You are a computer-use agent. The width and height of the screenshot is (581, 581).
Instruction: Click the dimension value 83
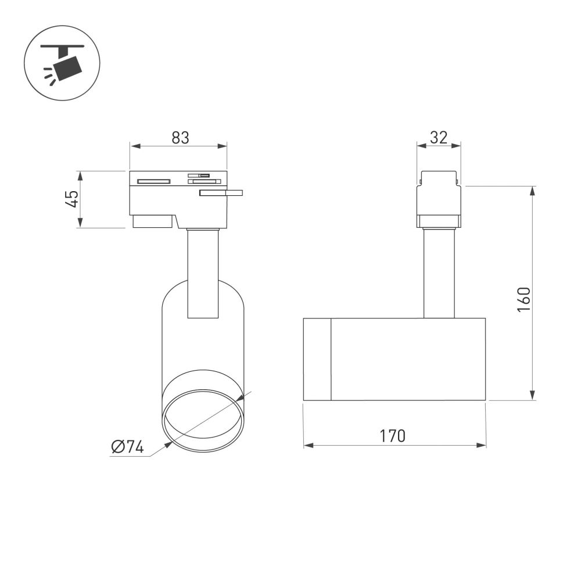coord(180,138)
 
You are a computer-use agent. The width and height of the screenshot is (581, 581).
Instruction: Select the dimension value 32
coord(439,138)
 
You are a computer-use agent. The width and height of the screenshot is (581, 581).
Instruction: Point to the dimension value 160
coord(524,300)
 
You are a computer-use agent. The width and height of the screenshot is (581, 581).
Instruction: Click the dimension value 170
coord(393,436)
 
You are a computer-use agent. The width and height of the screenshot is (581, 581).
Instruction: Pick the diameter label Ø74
coord(127,447)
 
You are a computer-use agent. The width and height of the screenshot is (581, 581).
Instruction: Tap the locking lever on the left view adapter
coord(221,193)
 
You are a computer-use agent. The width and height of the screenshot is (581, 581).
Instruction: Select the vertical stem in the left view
coord(203,273)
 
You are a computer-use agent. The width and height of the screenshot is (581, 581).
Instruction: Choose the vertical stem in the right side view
coord(439,273)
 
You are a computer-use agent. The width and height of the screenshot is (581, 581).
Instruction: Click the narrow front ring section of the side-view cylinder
coord(317,359)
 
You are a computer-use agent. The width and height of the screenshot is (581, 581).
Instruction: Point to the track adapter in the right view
coord(439,199)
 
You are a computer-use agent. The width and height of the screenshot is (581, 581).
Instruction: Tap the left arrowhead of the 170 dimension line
coord(308,446)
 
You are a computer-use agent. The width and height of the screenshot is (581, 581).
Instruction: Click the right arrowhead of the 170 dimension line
coord(482,446)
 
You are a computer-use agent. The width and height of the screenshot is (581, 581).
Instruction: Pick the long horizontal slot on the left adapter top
coord(153,181)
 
